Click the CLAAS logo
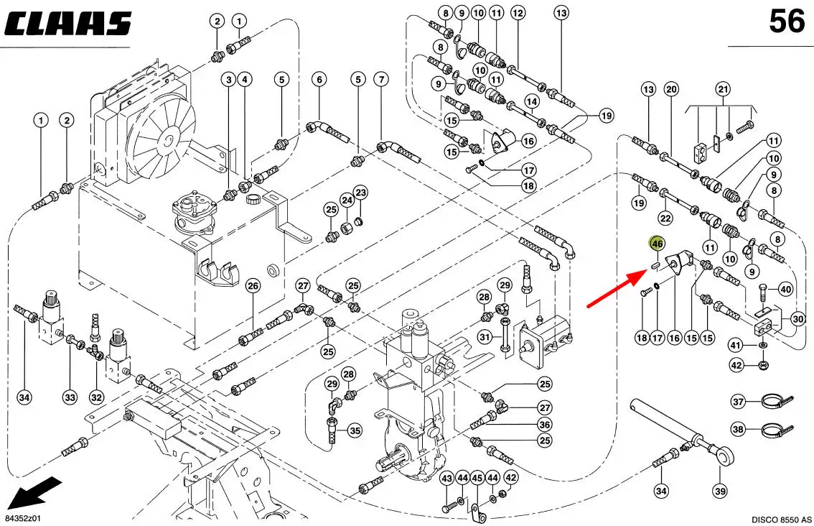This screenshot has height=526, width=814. (x=67, y=23)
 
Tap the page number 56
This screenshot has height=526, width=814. (x=787, y=22)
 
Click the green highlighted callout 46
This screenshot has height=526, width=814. (x=657, y=244)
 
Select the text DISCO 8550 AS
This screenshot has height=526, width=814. (x=781, y=519)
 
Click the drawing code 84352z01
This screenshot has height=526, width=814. (x=24, y=518)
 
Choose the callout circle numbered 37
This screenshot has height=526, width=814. (x=738, y=401)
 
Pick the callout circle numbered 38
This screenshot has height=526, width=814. (x=738, y=430)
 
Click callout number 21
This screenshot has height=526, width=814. (x=722, y=90)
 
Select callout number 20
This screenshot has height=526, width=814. (x=671, y=90)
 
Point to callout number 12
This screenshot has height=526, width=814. (x=518, y=12)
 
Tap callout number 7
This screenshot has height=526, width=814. (x=381, y=78)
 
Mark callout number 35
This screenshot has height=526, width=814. (x=355, y=431)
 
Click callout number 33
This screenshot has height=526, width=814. (x=70, y=397)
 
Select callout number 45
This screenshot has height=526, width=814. (x=477, y=478)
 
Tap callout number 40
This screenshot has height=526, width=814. (x=785, y=290)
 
